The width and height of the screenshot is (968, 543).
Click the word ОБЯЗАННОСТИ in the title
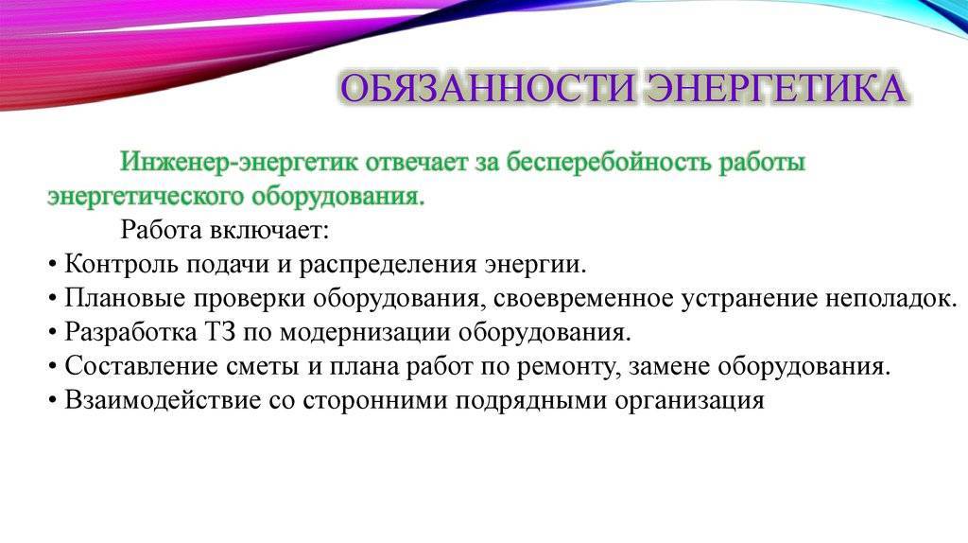coord(488,88)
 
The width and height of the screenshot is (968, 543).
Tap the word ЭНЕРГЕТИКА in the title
coord(775,88)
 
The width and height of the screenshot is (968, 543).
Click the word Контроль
coord(122,264)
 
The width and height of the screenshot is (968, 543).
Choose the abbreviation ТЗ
coord(219,332)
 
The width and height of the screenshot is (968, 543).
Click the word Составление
coord(141,366)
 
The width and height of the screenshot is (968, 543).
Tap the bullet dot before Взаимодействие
coord(52,401)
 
